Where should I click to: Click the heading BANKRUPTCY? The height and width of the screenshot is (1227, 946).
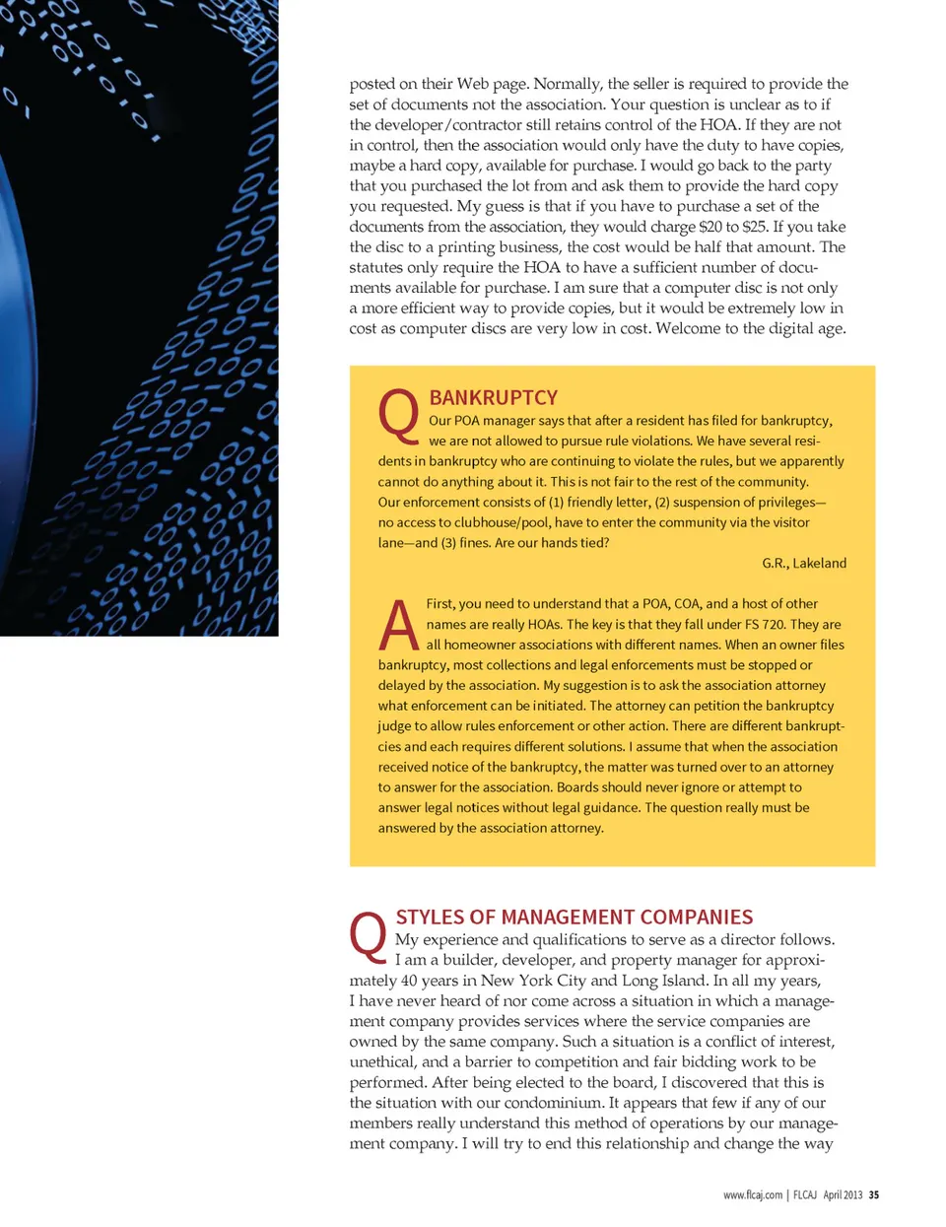(x=493, y=397)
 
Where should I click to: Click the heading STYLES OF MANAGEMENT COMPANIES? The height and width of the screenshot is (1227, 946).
(x=574, y=917)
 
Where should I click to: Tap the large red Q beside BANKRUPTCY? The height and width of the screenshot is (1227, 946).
(x=399, y=415)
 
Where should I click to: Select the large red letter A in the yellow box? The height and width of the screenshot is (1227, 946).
(x=399, y=625)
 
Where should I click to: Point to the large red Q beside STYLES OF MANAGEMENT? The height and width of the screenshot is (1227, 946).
(x=369, y=936)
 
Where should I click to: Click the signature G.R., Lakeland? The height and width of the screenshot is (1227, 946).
(x=803, y=563)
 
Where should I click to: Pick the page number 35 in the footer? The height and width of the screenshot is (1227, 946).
(x=873, y=1194)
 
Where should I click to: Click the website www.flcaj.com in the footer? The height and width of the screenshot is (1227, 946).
(x=752, y=1194)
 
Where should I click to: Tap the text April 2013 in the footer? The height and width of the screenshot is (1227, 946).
(x=843, y=1194)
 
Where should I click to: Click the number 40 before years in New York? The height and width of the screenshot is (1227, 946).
(x=410, y=981)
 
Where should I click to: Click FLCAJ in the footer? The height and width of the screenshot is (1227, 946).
(x=805, y=1194)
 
